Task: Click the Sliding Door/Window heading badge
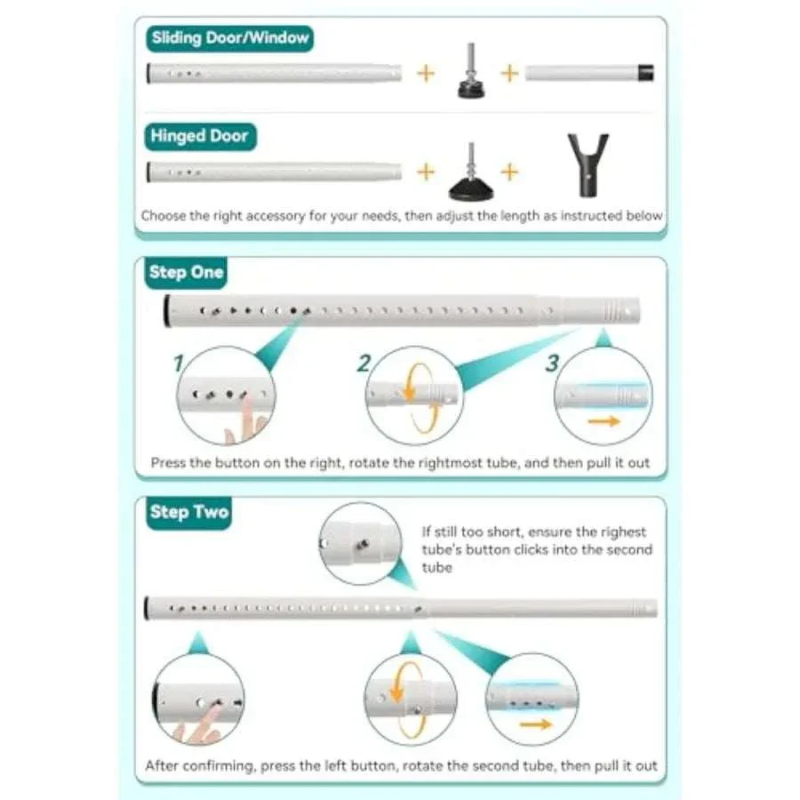[x=229, y=38]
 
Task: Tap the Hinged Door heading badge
[x=200, y=136]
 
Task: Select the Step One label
[x=187, y=273]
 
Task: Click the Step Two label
[x=188, y=512]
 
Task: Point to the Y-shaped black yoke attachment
[x=588, y=164]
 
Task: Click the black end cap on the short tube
[x=646, y=73]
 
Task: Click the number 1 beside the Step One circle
[x=178, y=364]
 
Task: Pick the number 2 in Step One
[x=364, y=364]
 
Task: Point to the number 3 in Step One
[x=552, y=364]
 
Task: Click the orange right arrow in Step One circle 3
[x=604, y=421]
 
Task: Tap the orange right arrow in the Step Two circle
[x=536, y=724]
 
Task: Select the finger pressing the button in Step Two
[x=198, y=724]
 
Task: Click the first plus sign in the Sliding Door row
[x=426, y=74]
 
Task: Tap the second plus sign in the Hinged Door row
[x=509, y=172]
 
